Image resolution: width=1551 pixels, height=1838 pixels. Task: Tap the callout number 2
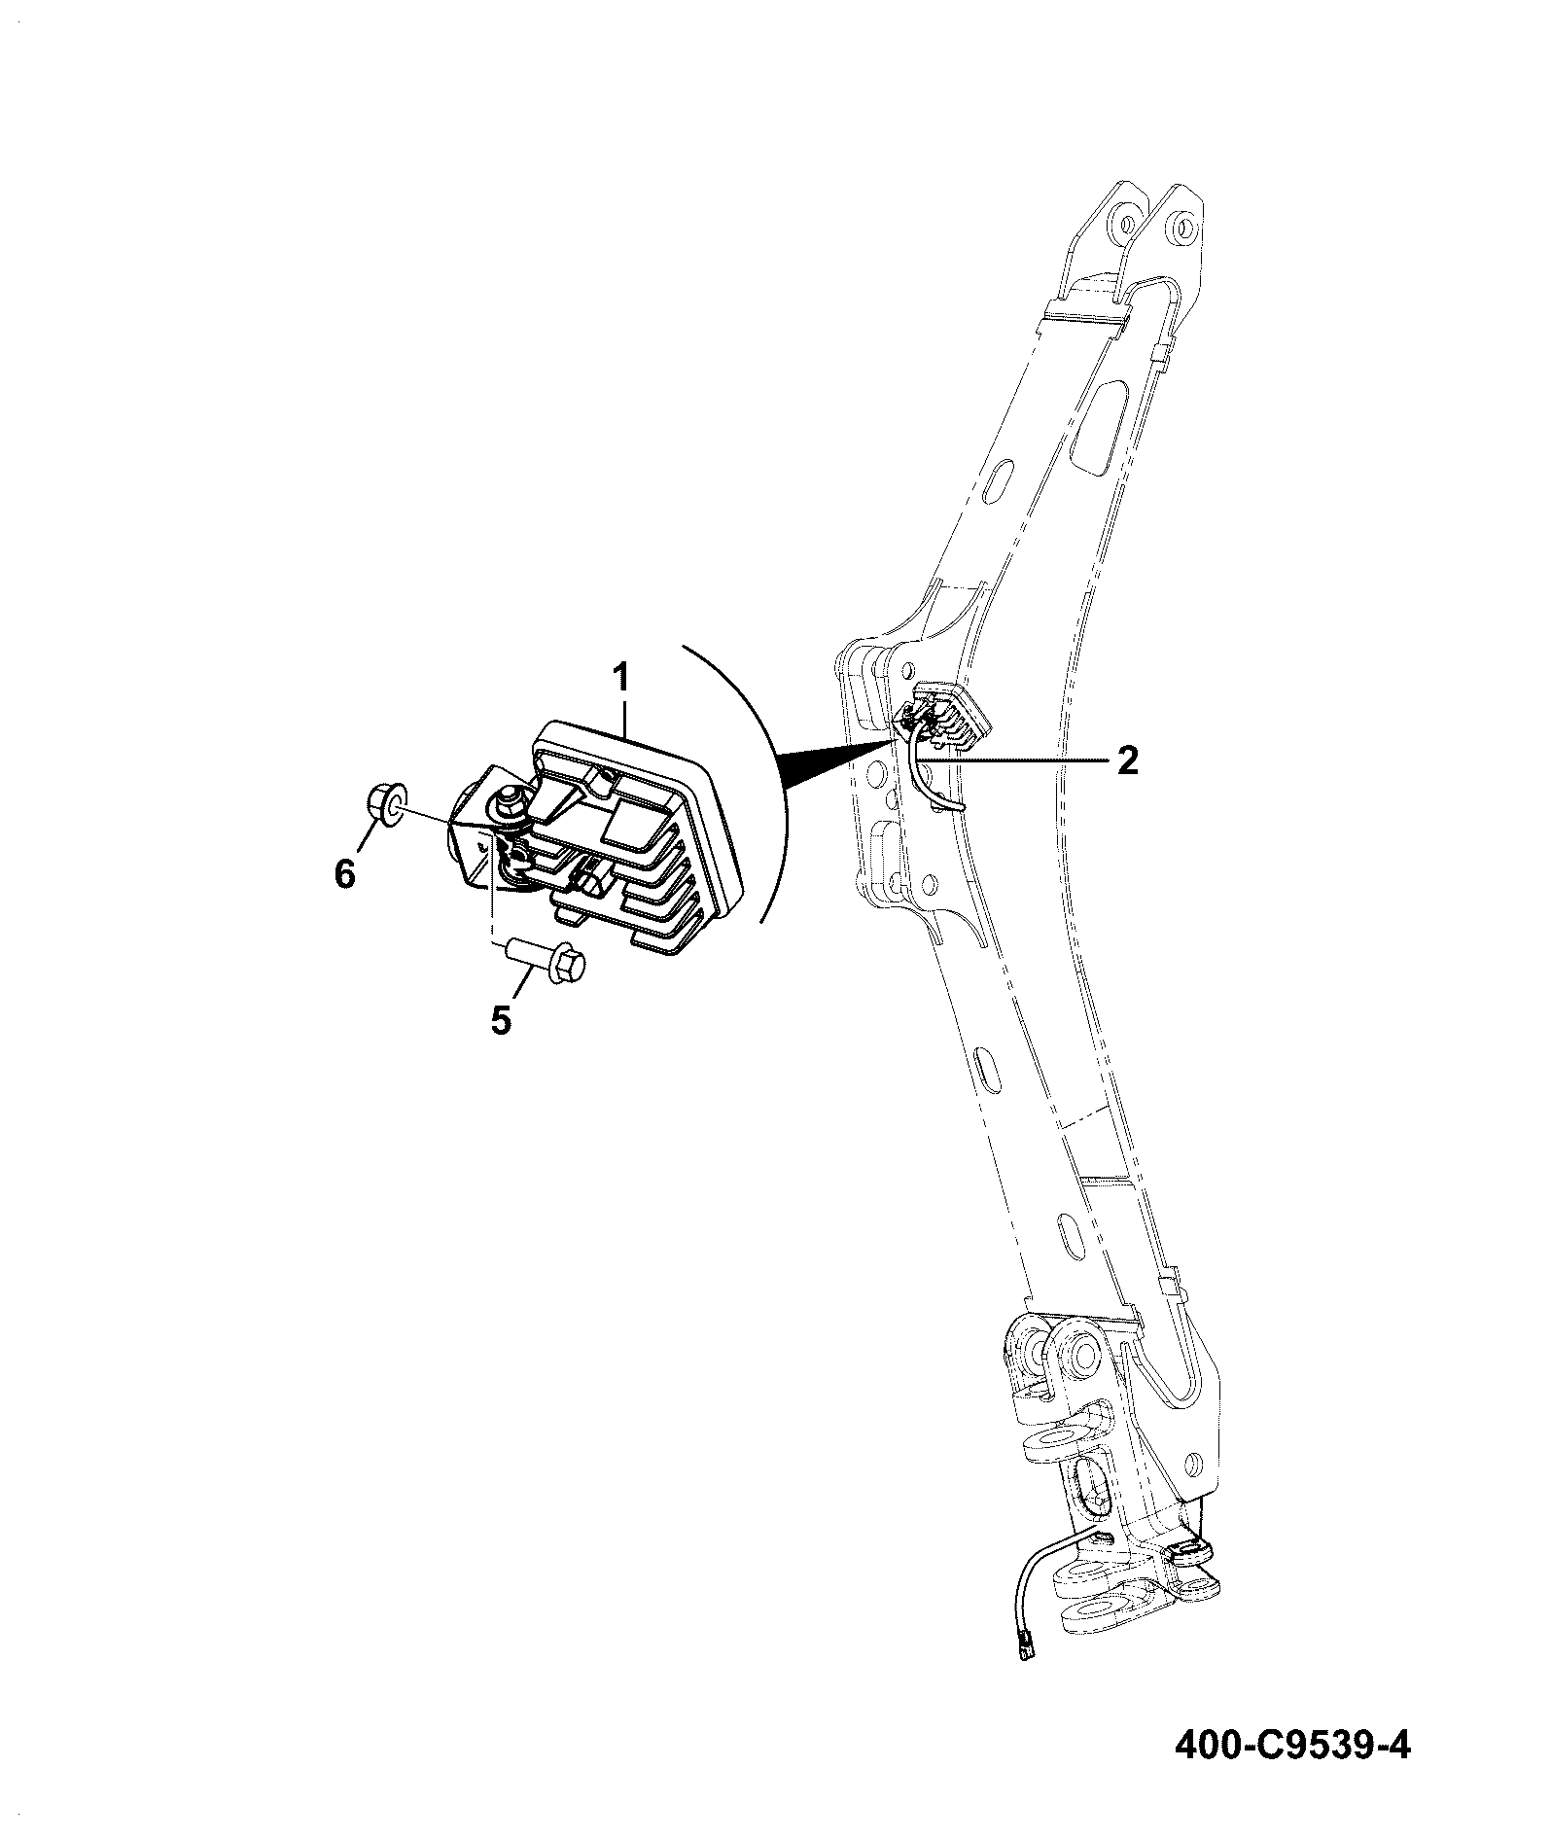(x=1127, y=760)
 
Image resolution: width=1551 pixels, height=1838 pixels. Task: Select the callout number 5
(x=501, y=1021)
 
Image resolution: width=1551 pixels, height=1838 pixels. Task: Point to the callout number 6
(x=345, y=874)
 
